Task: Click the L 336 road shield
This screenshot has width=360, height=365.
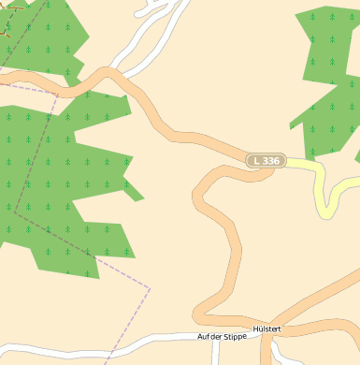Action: [266, 161]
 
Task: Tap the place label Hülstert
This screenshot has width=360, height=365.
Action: [266, 329]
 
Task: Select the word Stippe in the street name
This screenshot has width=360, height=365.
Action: [235, 336]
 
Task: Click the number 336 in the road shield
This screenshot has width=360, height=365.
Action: [270, 161]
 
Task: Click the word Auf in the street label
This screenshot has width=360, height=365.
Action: [203, 336]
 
